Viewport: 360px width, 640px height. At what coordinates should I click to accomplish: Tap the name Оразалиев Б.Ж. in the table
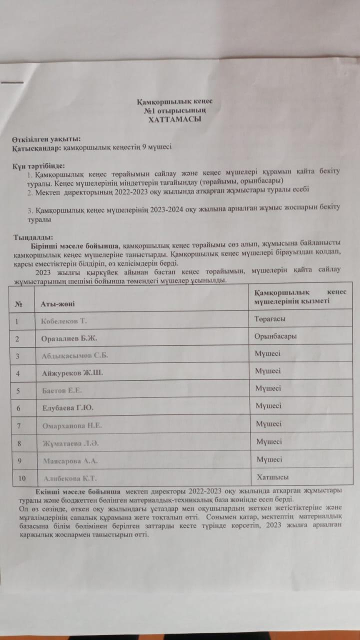pyautogui.click(x=69, y=338)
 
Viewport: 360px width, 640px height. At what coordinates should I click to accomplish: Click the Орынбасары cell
pyautogui.click(x=276, y=336)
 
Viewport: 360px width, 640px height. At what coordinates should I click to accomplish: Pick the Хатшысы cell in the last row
pyautogui.click(x=272, y=476)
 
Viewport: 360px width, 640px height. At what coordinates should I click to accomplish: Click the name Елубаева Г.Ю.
pyautogui.click(x=67, y=408)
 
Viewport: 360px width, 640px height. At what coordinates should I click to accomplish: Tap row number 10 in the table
pyautogui.click(x=21, y=478)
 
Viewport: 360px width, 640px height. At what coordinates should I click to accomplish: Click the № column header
pyautogui.click(x=18, y=303)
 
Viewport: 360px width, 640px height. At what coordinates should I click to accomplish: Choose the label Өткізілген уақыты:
pyautogui.click(x=46, y=139)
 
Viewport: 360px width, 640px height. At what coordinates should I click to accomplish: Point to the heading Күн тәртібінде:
pyautogui.click(x=39, y=166)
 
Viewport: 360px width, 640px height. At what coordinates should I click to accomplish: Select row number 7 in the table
pyautogui.click(x=18, y=425)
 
